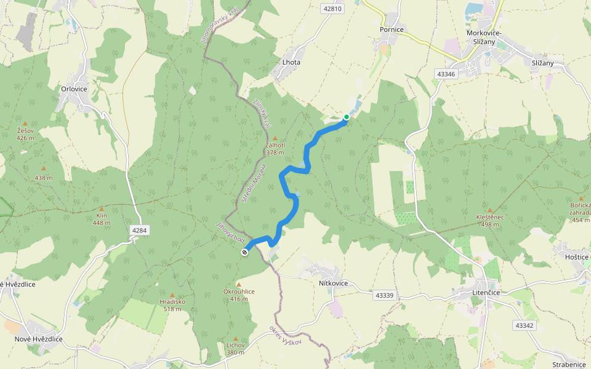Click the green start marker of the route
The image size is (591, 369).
click(x=347, y=117)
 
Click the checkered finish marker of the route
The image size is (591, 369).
click(x=245, y=252)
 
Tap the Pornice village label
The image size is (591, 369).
click(x=392, y=29)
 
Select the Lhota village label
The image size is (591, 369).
click(x=291, y=62)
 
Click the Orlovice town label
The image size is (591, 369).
click(x=74, y=89)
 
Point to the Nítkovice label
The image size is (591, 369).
click(x=334, y=284)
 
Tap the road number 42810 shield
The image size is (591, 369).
click(x=332, y=9)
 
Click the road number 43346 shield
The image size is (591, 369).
click(x=445, y=74)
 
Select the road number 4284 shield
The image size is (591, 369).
click(x=140, y=230)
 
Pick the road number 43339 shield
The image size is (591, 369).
click(x=384, y=295)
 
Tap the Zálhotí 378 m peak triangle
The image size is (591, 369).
click(x=275, y=138)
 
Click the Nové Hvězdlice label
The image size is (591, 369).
click(x=39, y=339)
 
